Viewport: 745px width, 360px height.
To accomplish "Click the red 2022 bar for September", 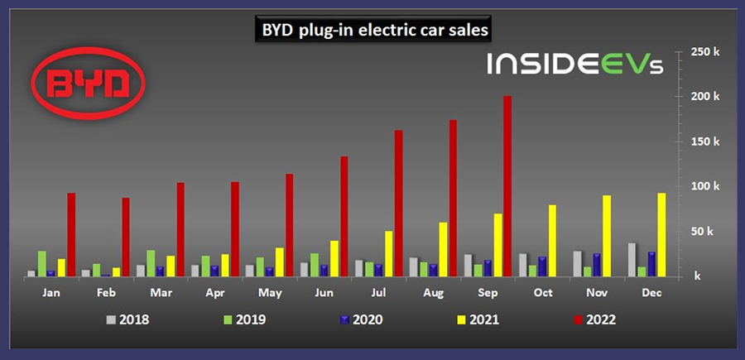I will coord(507,185).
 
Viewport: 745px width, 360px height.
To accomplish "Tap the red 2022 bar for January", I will coord(72,234).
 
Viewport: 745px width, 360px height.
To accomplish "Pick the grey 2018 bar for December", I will coord(633,259).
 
